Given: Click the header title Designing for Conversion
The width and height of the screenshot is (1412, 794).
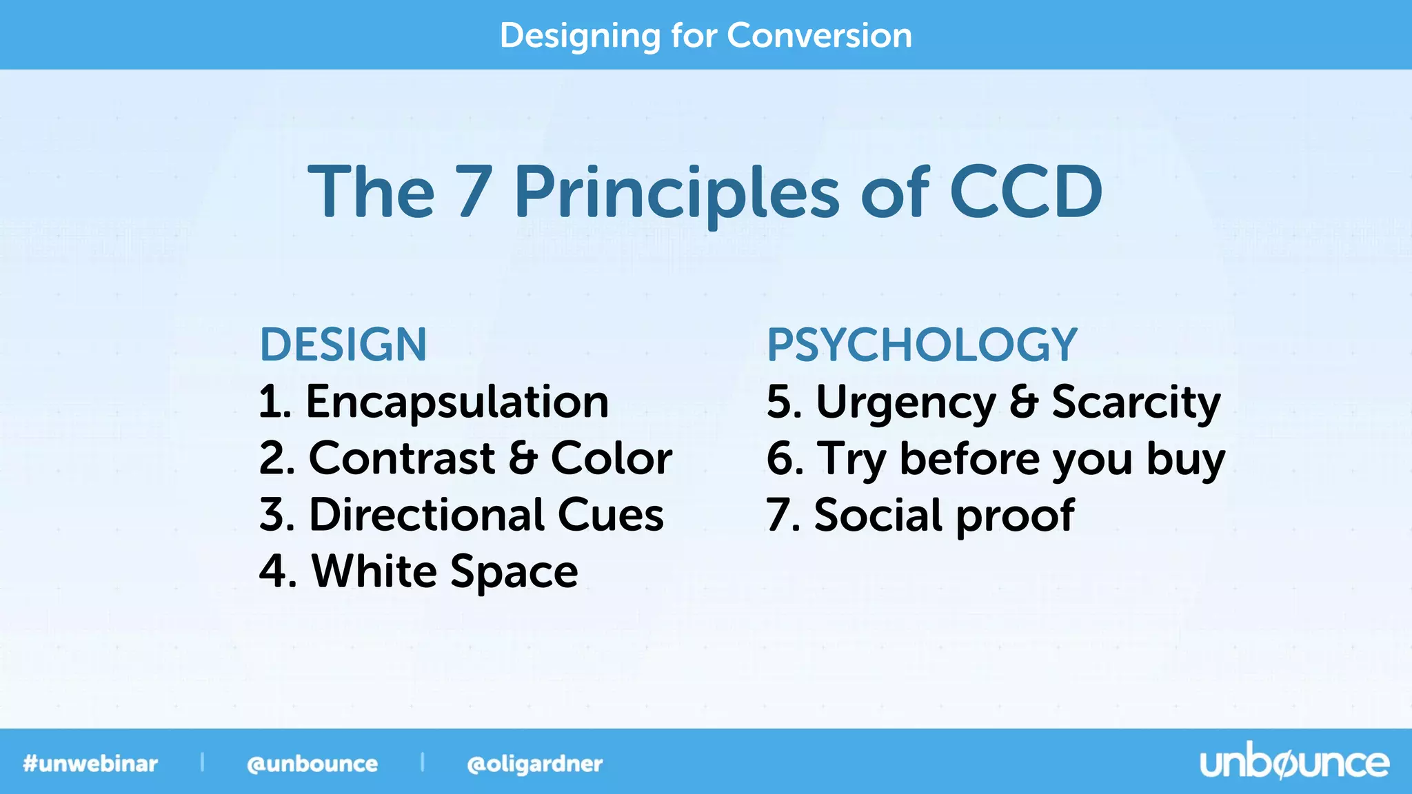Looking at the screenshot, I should coord(705,36).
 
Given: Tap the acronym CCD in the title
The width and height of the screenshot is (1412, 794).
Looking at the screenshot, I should coord(1025,192).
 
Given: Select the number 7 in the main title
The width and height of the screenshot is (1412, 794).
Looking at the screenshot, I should coord(474,192).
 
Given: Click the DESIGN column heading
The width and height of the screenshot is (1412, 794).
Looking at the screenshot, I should coord(343,345).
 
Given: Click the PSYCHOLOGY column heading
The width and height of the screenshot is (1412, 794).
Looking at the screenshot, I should coord(921,345).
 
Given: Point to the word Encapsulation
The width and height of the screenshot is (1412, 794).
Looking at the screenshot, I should coord(456,402).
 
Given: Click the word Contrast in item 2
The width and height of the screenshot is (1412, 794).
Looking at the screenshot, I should coord(402,458).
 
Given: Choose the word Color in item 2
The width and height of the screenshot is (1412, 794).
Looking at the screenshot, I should coord(611,458).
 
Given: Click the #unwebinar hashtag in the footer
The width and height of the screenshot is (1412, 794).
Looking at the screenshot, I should coord(90,764).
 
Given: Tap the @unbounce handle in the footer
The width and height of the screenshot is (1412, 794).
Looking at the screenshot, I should coord(312,764).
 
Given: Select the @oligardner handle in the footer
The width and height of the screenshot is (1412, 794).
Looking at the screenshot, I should coord(534,764).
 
